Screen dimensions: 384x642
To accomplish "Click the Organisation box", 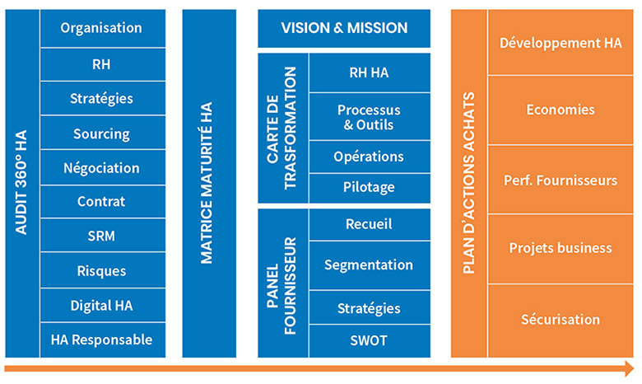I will (101, 28).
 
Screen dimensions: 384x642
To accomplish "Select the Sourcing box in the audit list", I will (101, 133).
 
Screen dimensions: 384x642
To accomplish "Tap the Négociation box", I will (101, 168).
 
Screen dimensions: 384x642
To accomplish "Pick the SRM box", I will (101, 236).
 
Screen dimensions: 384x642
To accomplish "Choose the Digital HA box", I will (101, 305).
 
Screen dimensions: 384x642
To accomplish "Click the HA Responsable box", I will (101, 340).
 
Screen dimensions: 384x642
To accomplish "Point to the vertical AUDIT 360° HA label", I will (22, 183).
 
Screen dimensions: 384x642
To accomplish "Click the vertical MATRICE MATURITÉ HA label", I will (207, 183).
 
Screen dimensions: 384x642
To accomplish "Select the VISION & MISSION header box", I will (344, 28).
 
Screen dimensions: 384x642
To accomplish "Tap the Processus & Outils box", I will (369, 118).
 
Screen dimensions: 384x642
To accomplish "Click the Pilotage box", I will (369, 187).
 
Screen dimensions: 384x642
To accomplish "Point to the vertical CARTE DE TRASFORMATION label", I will (282, 129).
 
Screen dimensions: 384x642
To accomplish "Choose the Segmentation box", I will (369, 265).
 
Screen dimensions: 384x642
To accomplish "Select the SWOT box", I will (369, 340).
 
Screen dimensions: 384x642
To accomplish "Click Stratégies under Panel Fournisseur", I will (369, 308).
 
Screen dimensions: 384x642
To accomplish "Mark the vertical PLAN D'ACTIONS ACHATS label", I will (469, 183).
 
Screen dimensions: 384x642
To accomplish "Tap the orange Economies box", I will (560, 110).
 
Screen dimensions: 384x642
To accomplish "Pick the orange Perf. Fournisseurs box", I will (560, 180).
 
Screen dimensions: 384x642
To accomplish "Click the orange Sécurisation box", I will (560, 320).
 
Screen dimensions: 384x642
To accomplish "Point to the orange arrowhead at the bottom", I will (628, 368).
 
